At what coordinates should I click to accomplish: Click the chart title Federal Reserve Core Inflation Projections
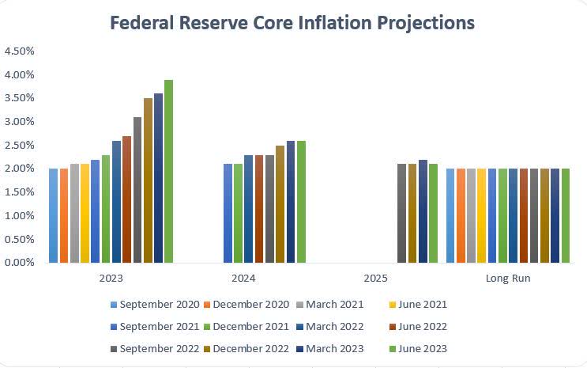pyautogui.click(x=292, y=22)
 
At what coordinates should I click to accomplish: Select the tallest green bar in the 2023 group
pyautogui.click(x=168, y=171)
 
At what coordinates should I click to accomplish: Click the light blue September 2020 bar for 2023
pyautogui.click(x=53, y=215)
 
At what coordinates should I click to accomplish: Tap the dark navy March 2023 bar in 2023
pyautogui.click(x=158, y=178)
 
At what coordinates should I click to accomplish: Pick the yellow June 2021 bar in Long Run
pyautogui.click(x=482, y=215)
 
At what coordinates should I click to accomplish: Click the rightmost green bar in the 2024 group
pyautogui.click(x=301, y=202)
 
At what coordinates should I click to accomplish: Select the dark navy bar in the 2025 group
pyautogui.click(x=423, y=211)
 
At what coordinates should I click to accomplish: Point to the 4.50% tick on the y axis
pyautogui.click(x=20, y=51)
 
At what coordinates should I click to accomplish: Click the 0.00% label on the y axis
pyautogui.click(x=20, y=263)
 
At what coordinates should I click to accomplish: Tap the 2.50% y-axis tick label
pyautogui.click(x=20, y=145)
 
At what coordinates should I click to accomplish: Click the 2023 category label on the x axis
pyautogui.click(x=111, y=279)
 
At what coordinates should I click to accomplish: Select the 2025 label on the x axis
pyautogui.click(x=375, y=279)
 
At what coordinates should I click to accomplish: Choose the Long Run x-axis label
pyautogui.click(x=507, y=279)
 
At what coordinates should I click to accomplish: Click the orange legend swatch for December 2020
pyautogui.click(x=208, y=304)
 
